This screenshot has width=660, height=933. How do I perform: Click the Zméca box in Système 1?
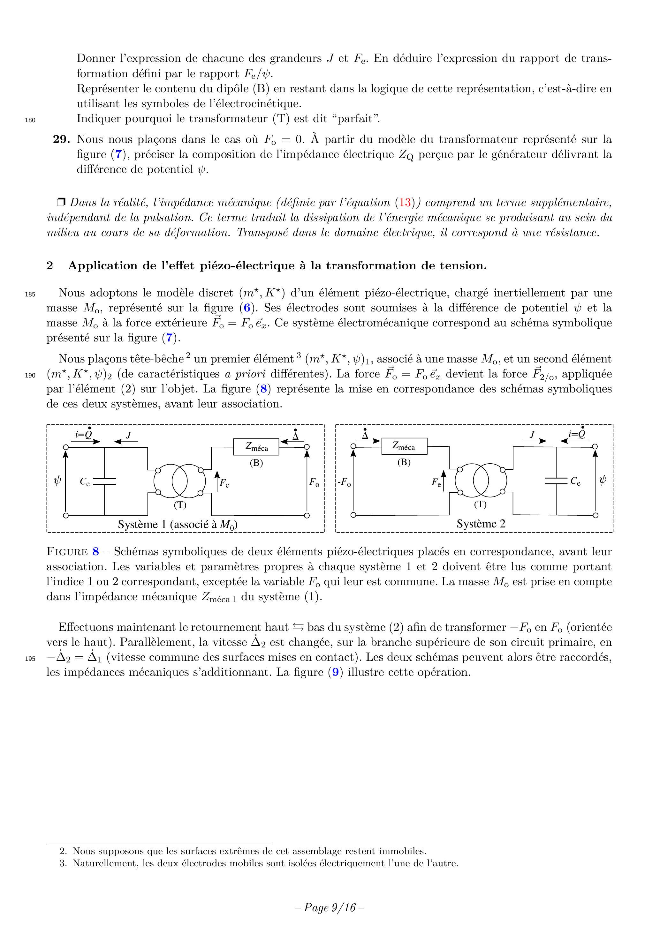pyautogui.click(x=256, y=447)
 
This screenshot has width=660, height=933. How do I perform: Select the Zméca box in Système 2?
pyautogui.click(x=404, y=446)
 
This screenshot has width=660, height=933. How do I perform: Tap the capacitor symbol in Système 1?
pyautogui.click(x=104, y=481)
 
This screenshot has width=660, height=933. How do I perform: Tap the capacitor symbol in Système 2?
pyautogui.click(x=556, y=481)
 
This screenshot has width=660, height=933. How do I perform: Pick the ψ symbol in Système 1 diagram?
pyautogui.click(x=57, y=481)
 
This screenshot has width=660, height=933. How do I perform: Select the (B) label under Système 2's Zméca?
pyautogui.click(x=404, y=462)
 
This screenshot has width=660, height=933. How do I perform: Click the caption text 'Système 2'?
pyautogui.click(x=481, y=524)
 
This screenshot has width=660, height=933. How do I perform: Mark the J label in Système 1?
pyautogui.click(x=128, y=435)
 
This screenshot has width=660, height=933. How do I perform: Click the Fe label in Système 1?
pyautogui.click(x=224, y=483)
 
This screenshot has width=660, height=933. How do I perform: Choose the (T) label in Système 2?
pyautogui.click(x=480, y=504)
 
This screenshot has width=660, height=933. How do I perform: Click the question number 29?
pyautogui.click(x=61, y=139)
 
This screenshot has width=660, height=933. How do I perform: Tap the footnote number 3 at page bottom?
pyautogui.click(x=63, y=863)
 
